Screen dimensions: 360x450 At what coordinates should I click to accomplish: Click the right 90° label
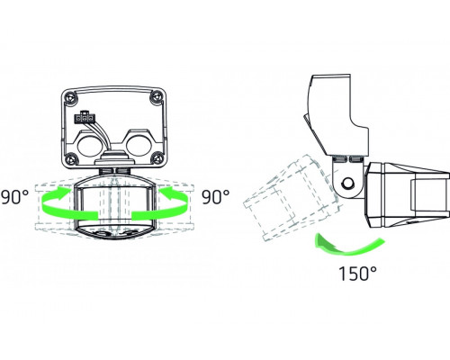pos(217,194)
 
